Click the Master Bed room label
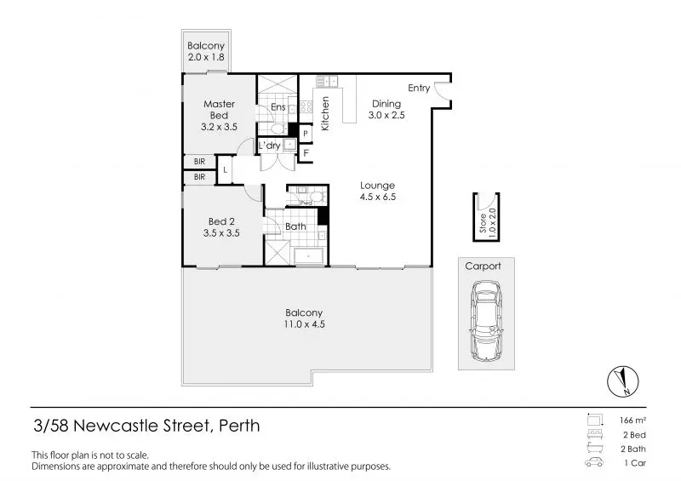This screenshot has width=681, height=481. tap(219, 110)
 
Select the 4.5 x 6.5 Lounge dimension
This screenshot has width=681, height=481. tap(377, 197)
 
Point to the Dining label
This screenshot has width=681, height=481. tap(385, 104)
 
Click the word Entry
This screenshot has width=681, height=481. tap(419, 89)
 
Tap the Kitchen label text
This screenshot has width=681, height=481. tap(325, 113)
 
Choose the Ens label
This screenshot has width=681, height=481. tap(278, 107)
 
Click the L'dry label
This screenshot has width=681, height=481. tap(270, 146)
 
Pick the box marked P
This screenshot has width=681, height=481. tap(305, 135)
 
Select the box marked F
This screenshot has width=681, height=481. tap(305, 153)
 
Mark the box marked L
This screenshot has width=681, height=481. tap(225, 170)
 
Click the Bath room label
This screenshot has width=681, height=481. tap(295, 226)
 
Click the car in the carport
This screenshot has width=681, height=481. tap(487, 321)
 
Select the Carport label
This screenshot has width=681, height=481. tap(483, 266)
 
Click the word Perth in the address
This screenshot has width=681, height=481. tap(239, 425)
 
